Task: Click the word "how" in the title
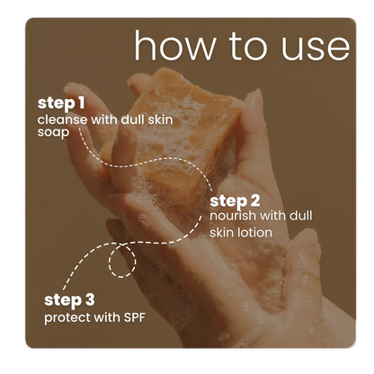coord(175,45)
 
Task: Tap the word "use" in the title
coord(316,49)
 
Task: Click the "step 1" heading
coord(61,103)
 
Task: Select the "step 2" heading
coord(235,201)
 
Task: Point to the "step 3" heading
coord(69,300)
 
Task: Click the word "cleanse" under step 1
coord(63,120)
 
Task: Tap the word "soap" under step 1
coord(53,133)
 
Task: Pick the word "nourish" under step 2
coord(233,216)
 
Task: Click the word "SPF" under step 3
coord(134,317)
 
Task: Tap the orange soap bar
coord(172,135)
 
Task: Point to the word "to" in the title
coord(248,47)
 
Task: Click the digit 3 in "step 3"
coord(90,300)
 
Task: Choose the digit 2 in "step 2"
coord(255,201)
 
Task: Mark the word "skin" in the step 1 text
coord(160,120)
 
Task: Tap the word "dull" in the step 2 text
coord(301,216)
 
